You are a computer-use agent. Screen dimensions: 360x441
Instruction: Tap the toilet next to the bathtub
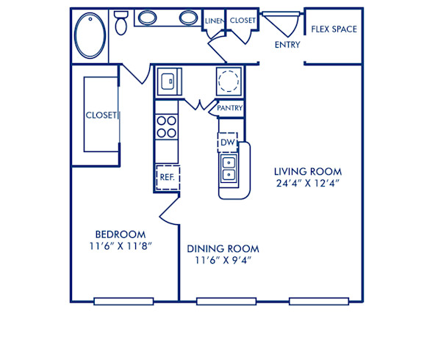coord(122,24)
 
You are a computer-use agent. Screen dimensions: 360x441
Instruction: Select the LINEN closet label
coord(213,21)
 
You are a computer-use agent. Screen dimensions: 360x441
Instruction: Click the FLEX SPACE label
coord(334,29)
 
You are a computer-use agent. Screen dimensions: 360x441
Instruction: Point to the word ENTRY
coord(287,46)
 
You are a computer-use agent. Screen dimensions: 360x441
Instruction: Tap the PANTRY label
coord(229,109)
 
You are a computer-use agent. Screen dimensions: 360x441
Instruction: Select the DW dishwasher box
coord(226,142)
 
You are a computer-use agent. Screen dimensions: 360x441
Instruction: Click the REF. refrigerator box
coord(167,177)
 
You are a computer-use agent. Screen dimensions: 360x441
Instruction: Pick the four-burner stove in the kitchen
coord(167,128)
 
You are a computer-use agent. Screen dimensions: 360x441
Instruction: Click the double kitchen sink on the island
coord(229,168)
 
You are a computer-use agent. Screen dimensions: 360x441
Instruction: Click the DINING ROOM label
coord(222,248)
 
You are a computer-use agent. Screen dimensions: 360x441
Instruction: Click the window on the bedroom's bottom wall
coord(123,300)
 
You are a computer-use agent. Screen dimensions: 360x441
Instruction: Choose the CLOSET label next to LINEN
coord(243,21)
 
